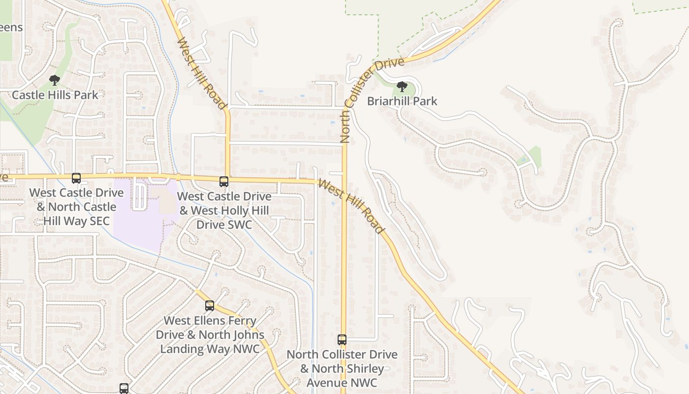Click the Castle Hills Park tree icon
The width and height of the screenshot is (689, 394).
(x=55, y=80)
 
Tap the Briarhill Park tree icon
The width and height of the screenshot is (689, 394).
(x=402, y=87)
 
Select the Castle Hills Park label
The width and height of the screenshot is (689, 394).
(x=55, y=95)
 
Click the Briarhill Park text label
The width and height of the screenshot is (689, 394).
(x=402, y=101)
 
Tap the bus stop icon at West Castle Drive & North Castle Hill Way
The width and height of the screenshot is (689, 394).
(x=76, y=178)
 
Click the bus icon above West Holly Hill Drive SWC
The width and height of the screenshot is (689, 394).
(x=224, y=182)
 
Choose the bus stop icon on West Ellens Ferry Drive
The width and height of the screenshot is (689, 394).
(x=210, y=306)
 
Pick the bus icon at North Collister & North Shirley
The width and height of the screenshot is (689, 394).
(x=342, y=339)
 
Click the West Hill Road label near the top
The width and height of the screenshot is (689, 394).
(x=201, y=73)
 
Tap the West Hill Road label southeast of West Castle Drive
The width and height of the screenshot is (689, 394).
(x=350, y=206)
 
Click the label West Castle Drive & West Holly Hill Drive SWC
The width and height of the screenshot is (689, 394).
(x=224, y=210)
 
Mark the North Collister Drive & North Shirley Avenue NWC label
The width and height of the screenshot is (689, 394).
(x=342, y=368)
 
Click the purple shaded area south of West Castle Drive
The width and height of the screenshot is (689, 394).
(x=140, y=222)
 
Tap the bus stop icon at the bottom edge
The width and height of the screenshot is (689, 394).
(x=124, y=388)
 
